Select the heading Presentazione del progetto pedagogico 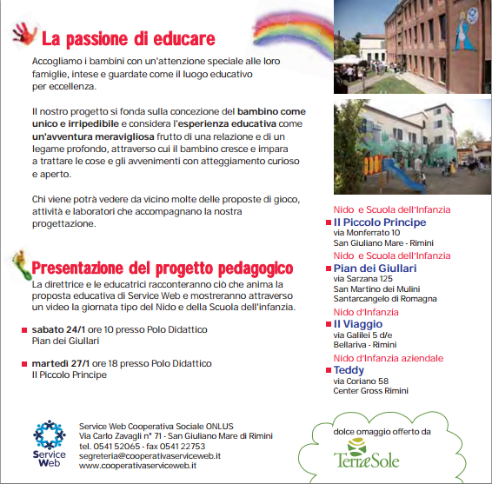(162, 268)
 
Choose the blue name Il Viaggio (361, 323)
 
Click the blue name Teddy (349, 369)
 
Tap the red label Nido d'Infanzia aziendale (388, 358)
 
